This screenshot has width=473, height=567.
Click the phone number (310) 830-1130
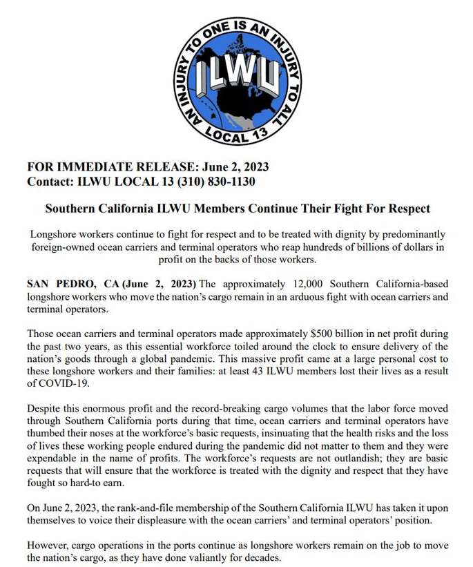tap(218, 182)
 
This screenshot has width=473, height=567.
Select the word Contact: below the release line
tap(50, 182)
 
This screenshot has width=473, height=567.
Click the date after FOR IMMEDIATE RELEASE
tap(233, 167)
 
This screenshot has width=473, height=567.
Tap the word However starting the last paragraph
tap(48, 546)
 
